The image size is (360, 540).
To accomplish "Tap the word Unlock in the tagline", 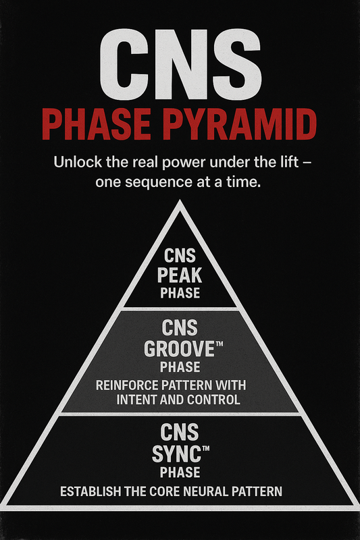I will [x=72, y=163].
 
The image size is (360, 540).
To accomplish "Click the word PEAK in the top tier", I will [x=180, y=275].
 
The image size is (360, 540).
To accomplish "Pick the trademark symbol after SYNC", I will [x=203, y=447].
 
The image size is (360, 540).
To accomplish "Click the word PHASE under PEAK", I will [x=180, y=293].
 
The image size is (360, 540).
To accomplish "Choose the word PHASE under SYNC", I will [x=180, y=472].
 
